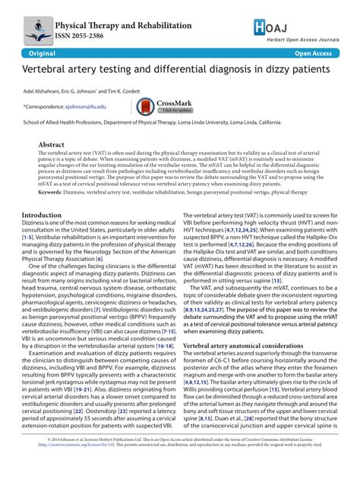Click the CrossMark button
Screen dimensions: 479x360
[x=163, y=107]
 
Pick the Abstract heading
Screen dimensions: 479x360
[x=52, y=143]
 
